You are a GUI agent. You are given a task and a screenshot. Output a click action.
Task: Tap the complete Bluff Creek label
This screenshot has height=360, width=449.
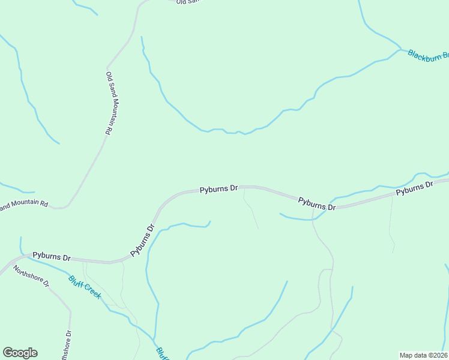tap(84, 287)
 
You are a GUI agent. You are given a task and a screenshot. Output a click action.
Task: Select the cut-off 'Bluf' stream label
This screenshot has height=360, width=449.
tap(161, 353)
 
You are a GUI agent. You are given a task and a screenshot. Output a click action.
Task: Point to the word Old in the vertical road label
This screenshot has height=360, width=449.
tap(109, 76)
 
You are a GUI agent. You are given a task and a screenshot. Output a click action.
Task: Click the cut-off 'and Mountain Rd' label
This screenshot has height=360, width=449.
tap(24, 205)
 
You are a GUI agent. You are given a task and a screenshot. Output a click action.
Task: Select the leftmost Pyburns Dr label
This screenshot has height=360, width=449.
tap(52, 256)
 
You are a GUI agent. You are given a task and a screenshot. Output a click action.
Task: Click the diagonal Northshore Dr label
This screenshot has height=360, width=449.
tap(31, 275)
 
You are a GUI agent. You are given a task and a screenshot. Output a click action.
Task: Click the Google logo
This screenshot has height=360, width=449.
tap(20, 353)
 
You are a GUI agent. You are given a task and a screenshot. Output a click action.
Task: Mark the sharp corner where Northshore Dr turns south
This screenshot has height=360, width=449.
tap(70, 311)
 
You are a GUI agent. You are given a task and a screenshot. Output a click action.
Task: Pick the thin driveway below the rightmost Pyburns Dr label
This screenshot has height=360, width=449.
tap(391, 222)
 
